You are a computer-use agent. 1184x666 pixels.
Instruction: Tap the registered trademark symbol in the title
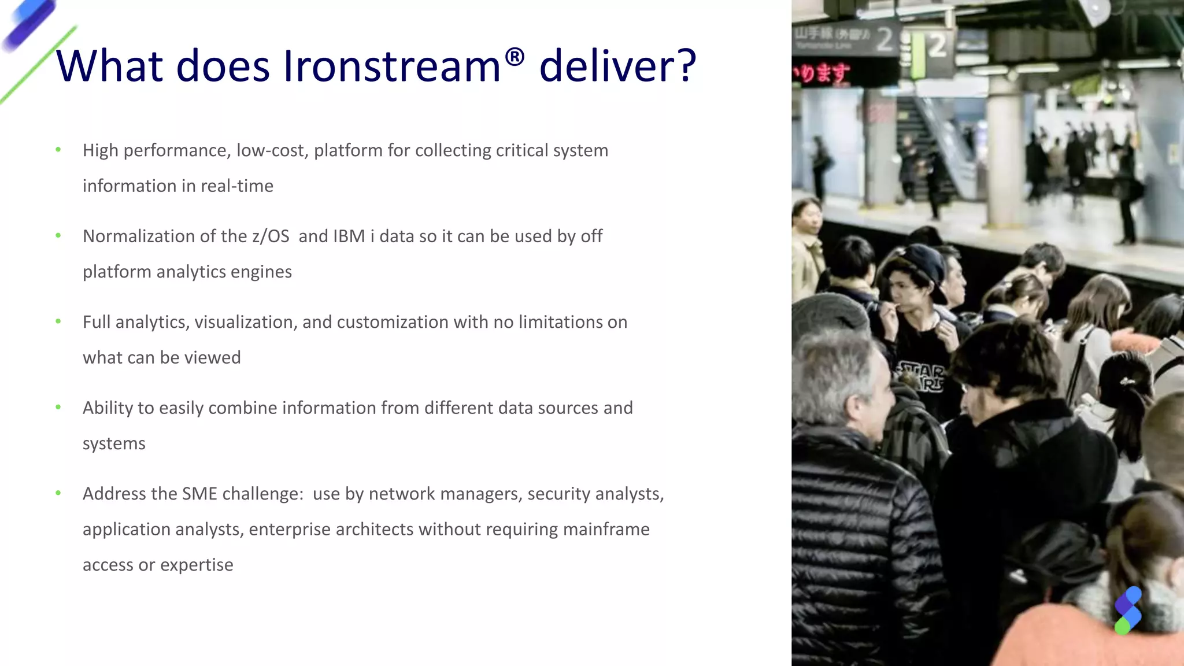point(514,57)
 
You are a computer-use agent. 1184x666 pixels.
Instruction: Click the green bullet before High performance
point(58,150)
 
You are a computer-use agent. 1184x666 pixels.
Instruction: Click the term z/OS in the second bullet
point(271,236)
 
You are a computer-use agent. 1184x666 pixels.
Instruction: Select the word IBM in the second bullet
point(349,236)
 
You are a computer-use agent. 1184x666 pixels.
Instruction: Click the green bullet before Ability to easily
point(58,407)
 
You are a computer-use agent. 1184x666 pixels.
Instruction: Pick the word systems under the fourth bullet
point(114,443)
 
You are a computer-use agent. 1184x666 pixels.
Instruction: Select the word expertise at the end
point(197,565)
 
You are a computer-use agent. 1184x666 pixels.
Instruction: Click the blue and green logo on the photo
point(1127,610)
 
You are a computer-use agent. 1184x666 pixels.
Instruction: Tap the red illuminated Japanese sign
point(822,73)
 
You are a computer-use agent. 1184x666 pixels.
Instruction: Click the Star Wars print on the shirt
point(922,376)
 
